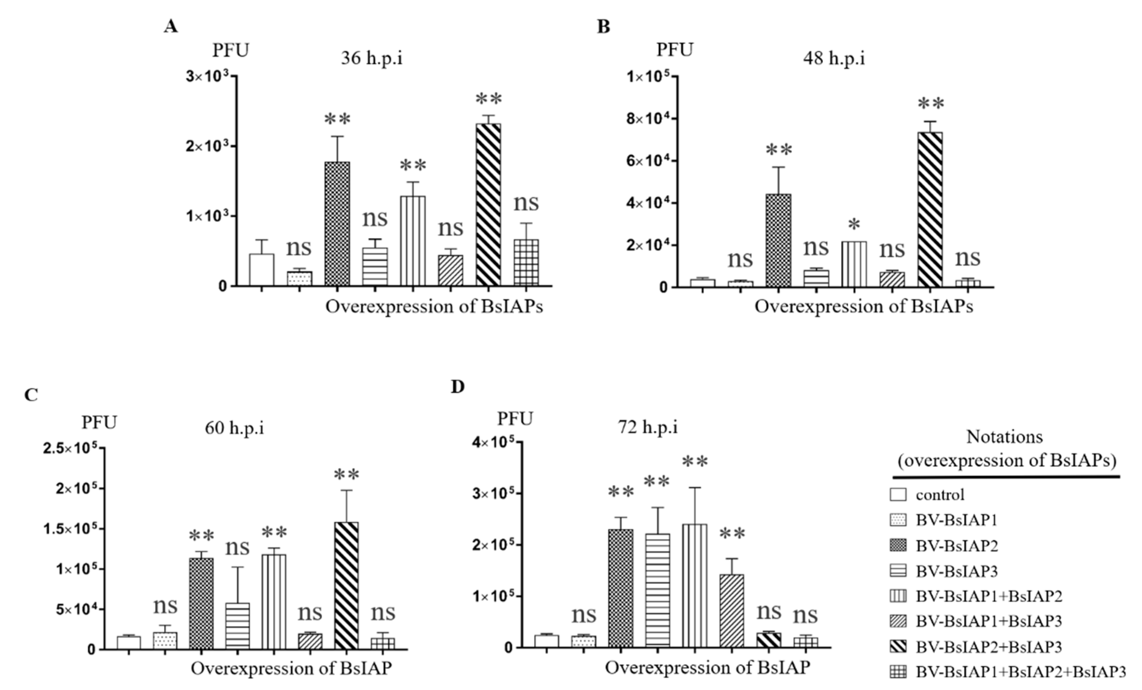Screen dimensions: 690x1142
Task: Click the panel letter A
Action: tap(171, 26)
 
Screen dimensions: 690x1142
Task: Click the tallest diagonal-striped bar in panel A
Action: tap(489, 204)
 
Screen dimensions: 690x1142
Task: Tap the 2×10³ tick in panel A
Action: tap(207, 146)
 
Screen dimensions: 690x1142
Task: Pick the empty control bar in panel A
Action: tap(261, 269)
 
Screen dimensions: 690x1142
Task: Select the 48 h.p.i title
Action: tap(834, 59)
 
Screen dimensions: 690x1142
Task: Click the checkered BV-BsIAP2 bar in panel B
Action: tap(779, 241)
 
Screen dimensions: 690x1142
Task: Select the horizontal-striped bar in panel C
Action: tap(237, 626)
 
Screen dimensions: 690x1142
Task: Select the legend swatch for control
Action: tap(898, 495)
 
